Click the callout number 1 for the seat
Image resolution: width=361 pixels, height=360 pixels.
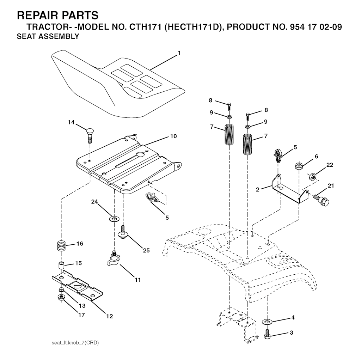[179, 53]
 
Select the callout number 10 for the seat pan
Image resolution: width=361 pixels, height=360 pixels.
[173, 136]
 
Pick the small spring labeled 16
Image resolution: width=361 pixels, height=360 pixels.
[61, 245]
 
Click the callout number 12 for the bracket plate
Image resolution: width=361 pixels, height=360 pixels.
[110, 316]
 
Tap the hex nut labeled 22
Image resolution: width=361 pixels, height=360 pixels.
[312, 176]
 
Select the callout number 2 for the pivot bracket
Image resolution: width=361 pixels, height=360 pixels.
[258, 190]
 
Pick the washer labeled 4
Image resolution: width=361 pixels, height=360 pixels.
[267, 321]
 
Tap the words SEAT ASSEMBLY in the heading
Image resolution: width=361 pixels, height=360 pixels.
[48, 37]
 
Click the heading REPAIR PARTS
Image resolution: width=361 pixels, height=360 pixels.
[58, 15]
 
